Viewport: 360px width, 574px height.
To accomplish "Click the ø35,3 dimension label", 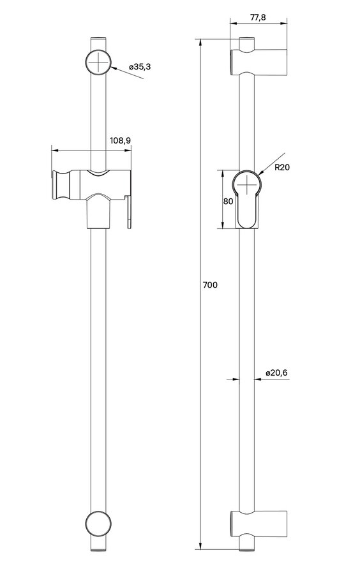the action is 140,66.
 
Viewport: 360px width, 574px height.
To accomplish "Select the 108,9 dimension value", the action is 121,140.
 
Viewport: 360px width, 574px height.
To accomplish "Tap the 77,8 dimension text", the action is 258,18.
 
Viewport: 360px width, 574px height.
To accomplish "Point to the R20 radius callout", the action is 282,167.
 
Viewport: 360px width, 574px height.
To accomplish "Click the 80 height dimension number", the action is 229,201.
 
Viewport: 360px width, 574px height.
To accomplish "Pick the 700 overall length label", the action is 210,284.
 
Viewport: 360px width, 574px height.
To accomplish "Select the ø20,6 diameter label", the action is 276,372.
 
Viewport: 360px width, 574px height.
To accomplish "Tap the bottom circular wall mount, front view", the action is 98,524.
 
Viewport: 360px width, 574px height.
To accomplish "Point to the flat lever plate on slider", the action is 130,212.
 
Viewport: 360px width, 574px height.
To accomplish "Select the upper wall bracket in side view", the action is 258,61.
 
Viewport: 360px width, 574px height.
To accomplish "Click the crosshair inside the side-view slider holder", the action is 248,185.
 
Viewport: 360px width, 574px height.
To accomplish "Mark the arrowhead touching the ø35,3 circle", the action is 114,68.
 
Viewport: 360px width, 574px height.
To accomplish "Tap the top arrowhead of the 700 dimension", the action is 200,43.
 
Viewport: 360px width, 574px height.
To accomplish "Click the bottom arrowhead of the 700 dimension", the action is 200,545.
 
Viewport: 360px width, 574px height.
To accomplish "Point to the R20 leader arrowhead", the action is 261,173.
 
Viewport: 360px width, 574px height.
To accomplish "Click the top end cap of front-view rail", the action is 98,38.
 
